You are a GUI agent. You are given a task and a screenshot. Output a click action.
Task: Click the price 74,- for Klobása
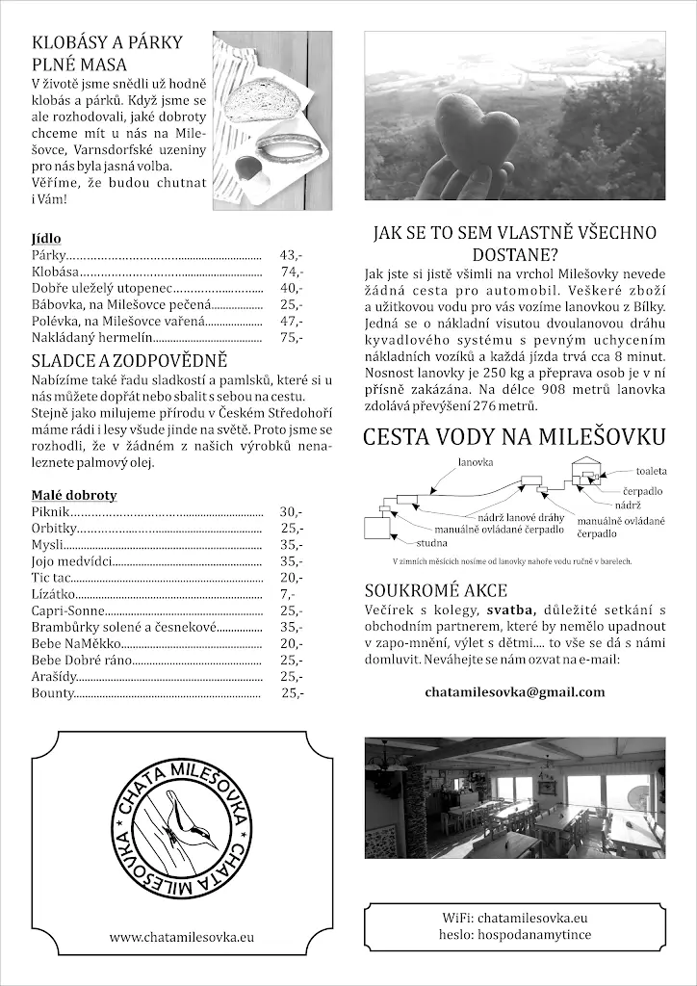(291, 272)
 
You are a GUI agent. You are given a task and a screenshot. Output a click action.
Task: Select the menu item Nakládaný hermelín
(92, 337)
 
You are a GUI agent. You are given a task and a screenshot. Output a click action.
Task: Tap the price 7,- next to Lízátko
(287, 594)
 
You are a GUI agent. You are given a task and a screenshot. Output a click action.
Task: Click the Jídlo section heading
(46, 238)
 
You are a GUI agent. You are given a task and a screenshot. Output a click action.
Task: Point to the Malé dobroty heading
(74, 495)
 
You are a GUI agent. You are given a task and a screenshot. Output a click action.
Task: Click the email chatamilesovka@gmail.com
(514, 691)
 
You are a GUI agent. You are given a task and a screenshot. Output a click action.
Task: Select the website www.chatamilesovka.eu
(181, 936)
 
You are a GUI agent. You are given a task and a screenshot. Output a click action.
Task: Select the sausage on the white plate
(288, 149)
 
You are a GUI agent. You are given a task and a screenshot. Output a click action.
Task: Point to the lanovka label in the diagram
(476, 462)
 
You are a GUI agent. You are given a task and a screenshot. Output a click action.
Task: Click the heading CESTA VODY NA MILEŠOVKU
(514, 437)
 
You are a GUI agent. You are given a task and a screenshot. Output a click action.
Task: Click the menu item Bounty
(53, 692)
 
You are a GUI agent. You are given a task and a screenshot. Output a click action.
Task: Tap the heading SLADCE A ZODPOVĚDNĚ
(129, 361)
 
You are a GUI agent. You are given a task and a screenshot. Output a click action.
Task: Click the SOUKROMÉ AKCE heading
(435, 590)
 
